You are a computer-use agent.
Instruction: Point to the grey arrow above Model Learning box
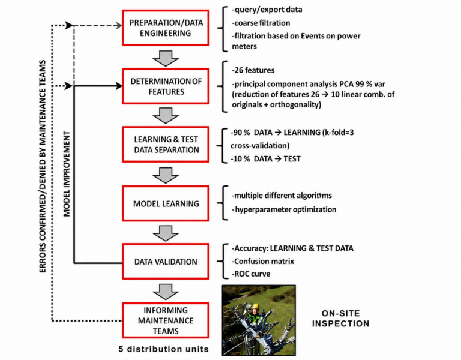[x=166, y=175]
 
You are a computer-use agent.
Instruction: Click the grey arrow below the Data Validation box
[x=166, y=292]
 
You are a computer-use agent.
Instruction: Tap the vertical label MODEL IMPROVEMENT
[x=67, y=174]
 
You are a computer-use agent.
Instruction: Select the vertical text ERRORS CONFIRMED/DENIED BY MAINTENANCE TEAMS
[x=43, y=166]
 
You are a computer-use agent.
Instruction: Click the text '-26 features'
[x=253, y=71]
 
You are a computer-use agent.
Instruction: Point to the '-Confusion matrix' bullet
[x=263, y=261]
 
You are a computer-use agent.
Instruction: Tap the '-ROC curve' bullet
[x=251, y=274]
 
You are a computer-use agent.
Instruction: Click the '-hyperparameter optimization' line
[x=284, y=209]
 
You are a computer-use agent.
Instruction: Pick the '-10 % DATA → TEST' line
[x=265, y=159]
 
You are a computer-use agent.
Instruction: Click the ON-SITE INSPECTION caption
[x=340, y=319]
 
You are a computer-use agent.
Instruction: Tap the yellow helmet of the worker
[x=256, y=306]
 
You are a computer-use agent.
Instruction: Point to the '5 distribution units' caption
[x=164, y=349]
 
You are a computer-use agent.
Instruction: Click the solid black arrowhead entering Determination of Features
[x=119, y=86]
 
